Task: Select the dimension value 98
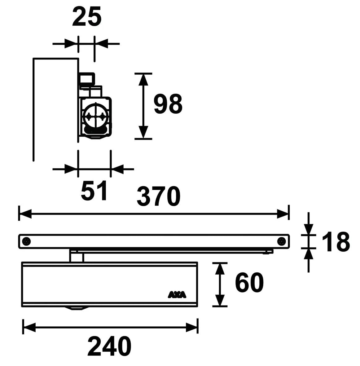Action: click(168, 104)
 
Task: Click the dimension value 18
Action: click(336, 241)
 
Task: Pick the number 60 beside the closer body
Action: click(249, 283)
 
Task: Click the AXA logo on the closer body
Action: click(177, 294)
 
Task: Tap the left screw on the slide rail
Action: click(27, 241)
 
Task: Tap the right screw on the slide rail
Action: click(281, 241)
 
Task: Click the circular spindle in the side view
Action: click(95, 116)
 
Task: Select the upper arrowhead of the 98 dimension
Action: click(143, 80)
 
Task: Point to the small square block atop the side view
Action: click(87, 78)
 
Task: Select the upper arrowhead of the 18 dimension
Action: click(308, 229)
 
